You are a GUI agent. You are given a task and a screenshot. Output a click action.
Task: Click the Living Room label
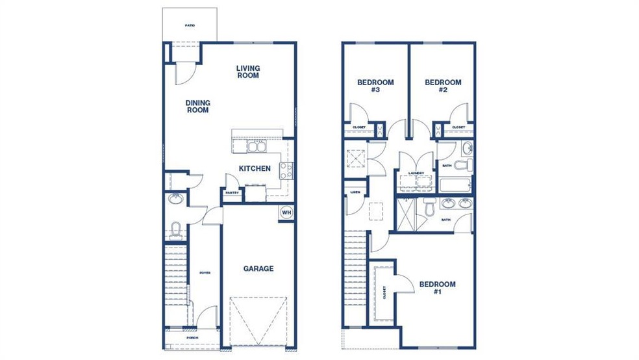[x=247, y=71]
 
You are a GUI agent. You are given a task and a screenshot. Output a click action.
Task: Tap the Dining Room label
[x=197, y=106]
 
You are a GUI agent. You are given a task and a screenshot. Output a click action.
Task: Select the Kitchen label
[x=255, y=168]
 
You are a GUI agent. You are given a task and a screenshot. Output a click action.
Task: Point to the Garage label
[x=258, y=268]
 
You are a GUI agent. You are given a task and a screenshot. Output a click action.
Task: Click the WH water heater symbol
[x=286, y=212]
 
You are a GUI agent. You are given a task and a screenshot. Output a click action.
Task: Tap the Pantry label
[x=232, y=192]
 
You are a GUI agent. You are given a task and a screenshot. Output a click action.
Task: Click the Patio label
[x=190, y=25]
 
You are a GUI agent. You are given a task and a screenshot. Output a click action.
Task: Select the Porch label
[x=192, y=338]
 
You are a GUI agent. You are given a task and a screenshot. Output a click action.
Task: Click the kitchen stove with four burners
[x=285, y=171]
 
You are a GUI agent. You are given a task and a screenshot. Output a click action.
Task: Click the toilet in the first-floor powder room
[x=175, y=228]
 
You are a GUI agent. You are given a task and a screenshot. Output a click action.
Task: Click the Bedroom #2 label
[x=443, y=86]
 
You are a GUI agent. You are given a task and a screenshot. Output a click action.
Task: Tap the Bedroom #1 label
[x=437, y=288]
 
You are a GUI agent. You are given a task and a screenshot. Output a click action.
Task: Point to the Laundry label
[x=416, y=173]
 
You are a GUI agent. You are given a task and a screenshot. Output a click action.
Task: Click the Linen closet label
[x=355, y=192]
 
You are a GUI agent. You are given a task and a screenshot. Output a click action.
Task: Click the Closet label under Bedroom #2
[x=458, y=127]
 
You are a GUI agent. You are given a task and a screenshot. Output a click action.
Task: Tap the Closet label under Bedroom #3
[x=358, y=127]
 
